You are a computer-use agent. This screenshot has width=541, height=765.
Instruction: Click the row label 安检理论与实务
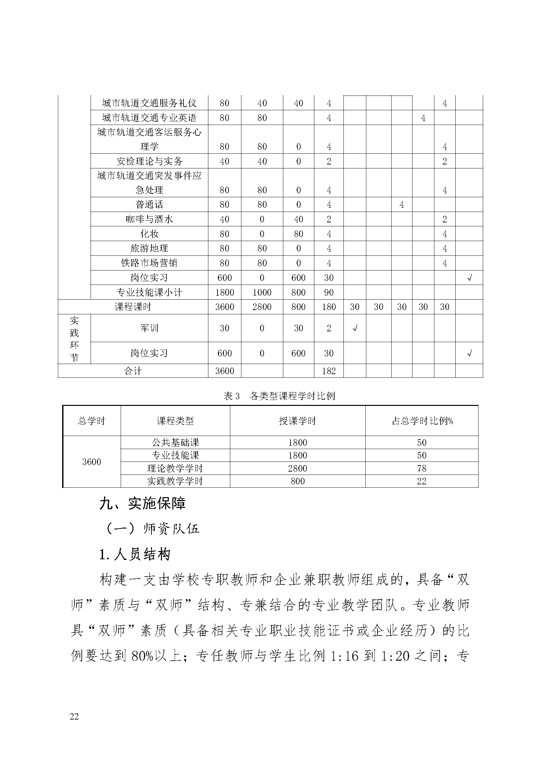[x=149, y=161]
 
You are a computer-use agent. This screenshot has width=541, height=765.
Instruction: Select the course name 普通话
[x=149, y=204]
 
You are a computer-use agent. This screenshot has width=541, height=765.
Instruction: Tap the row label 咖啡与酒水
[x=149, y=219]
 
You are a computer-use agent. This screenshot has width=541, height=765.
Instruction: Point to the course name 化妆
[x=149, y=234]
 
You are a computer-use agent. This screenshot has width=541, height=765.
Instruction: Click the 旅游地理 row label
[x=149, y=248]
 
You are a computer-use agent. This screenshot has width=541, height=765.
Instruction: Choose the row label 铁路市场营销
[x=149, y=263]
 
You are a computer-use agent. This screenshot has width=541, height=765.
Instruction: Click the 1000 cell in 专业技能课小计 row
[x=262, y=292]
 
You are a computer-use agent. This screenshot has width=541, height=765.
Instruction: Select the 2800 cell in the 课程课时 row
[x=262, y=307]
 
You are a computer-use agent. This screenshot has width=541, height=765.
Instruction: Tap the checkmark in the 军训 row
[x=355, y=328]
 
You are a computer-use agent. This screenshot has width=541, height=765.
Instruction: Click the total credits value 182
[x=329, y=371]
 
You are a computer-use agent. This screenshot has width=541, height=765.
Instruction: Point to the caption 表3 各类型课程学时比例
[x=279, y=396]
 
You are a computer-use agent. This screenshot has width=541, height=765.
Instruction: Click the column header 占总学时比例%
[x=422, y=421]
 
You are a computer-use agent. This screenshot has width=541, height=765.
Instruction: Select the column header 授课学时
[x=297, y=421]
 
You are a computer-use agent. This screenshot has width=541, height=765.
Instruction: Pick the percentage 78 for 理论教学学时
[x=422, y=468]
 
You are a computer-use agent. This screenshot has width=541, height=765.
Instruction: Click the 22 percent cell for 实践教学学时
[x=422, y=481]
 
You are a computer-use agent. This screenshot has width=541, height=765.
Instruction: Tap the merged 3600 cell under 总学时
[x=92, y=462]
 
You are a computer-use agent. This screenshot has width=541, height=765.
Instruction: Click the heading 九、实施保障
[x=143, y=503]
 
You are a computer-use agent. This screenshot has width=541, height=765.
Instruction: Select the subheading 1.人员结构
[x=135, y=555]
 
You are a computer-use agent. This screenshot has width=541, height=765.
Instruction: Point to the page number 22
[x=74, y=717]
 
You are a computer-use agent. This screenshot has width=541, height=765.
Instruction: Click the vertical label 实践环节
[x=74, y=339]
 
